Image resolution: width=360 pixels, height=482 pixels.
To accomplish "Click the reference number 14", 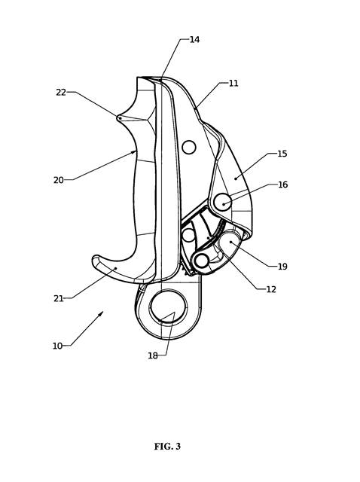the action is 194,39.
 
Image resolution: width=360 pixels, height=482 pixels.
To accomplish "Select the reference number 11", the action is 233,84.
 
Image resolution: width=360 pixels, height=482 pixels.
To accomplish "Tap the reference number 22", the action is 61,92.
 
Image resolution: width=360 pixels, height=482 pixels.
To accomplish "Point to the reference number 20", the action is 59,180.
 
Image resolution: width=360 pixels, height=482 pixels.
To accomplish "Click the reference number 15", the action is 282,154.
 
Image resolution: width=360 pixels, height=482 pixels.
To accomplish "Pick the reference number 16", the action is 282,185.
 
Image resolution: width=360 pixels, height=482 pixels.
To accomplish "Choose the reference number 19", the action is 282,267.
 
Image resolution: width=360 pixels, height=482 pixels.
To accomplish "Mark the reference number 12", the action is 271,289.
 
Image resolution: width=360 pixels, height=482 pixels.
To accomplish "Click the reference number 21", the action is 59,298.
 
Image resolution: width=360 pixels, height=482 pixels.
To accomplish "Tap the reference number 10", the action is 57,346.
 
